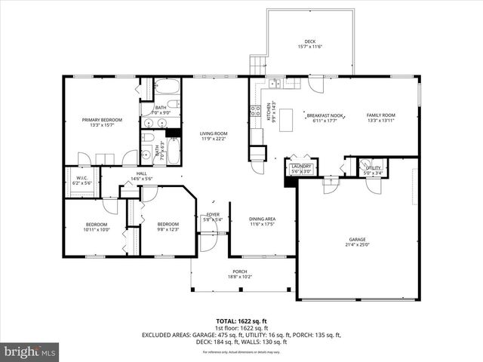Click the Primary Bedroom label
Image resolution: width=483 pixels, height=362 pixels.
pyautogui.click(x=102, y=120)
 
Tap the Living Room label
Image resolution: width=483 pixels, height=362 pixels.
pyautogui.click(x=214, y=133)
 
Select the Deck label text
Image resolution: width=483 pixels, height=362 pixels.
pyautogui.click(x=309, y=41)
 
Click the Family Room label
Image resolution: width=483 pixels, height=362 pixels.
pyautogui.click(x=381, y=115)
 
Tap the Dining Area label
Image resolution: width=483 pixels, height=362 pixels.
pyautogui.click(x=262, y=219)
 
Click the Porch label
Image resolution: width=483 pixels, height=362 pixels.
pyautogui.click(x=239, y=271)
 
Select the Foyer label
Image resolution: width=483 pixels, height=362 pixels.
pyautogui.click(x=213, y=215)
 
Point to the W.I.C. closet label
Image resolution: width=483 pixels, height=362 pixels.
pyautogui.click(x=82, y=179)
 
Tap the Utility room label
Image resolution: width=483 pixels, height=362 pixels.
pyautogui.click(x=373, y=167)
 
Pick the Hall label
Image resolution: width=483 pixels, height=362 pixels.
pyautogui.click(x=142, y=173)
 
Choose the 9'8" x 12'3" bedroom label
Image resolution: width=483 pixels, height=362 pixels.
pyautogui.click(x=168, y=224)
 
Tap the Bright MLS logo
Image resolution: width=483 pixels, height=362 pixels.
pyautogui.click(x=29, y=351)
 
